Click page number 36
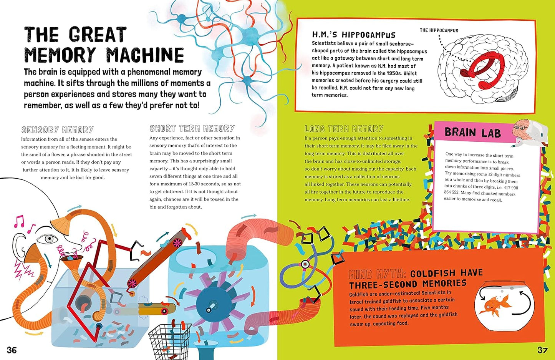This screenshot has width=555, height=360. click(12, 350)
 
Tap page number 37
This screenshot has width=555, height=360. click(542, 350)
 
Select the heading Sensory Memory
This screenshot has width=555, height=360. click(58, 130)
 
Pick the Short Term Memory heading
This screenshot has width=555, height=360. click(192, 128)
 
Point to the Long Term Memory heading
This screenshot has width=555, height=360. click(344, 129)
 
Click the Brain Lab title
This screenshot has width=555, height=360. click(472, 133)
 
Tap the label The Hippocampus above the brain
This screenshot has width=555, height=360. click(439, 30)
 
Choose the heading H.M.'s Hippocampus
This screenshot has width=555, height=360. click(353, 35)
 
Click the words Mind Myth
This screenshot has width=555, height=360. click(377, 274)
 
